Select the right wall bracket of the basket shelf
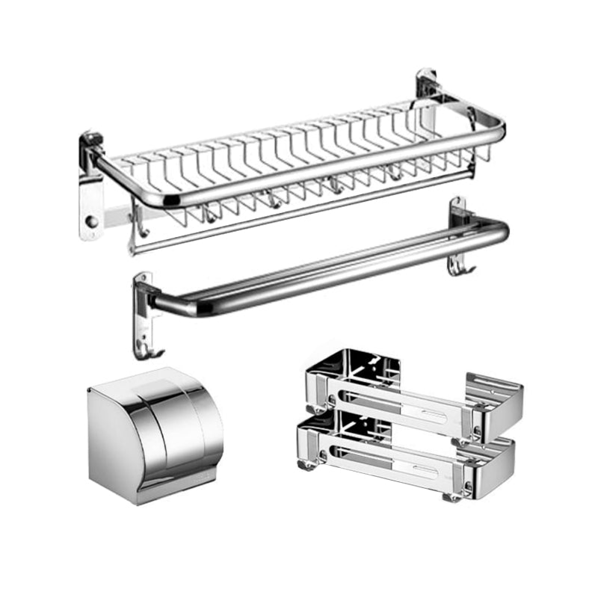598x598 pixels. pyautogui.click(x=428, y=86)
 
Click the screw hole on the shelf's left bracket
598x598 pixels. pyautogui.click(x=90, y=222)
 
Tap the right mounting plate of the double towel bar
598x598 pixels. pyautogui.click(x=458, y=224)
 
